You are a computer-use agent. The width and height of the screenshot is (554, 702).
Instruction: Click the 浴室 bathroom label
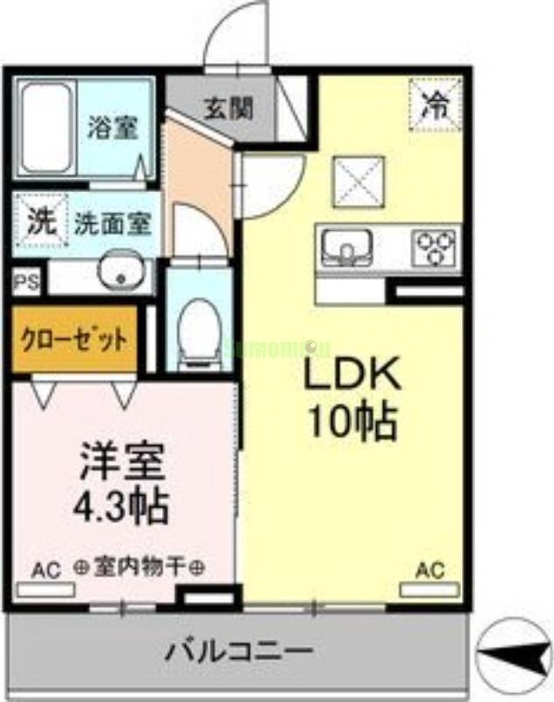(x=111, y=128)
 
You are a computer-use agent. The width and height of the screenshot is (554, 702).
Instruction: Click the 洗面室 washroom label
(x=111, y=223)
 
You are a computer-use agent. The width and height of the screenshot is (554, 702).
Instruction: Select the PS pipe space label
(x=25, y=283)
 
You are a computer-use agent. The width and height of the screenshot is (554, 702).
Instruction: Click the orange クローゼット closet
(x=75, y=339)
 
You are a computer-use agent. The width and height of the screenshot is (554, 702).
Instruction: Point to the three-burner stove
(x=436, y=245)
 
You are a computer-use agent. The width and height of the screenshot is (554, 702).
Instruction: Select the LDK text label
(x=352, y=375)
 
